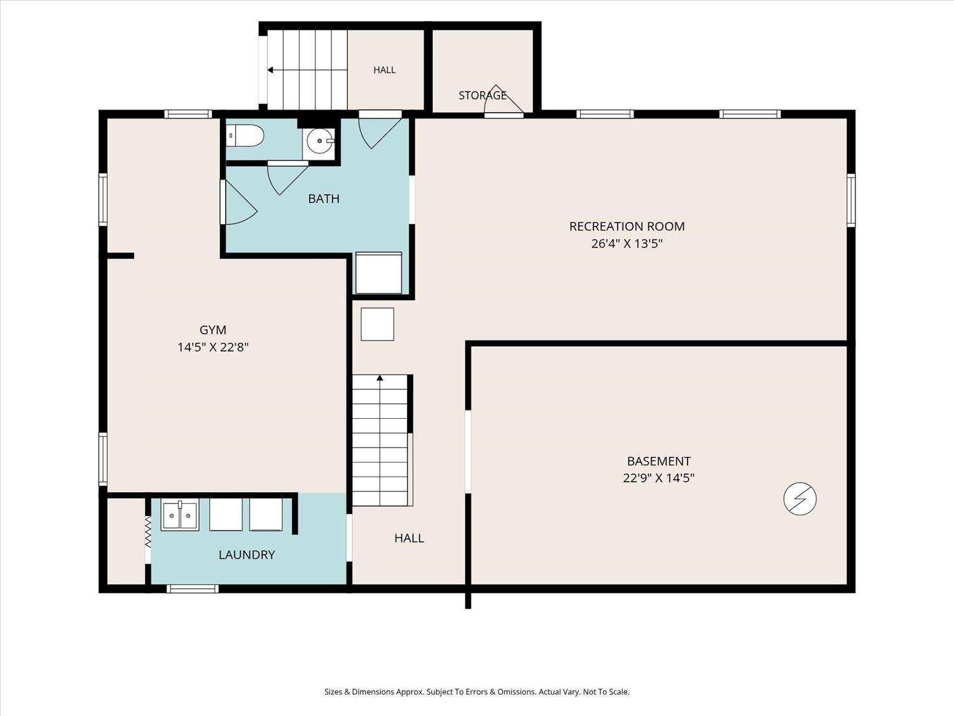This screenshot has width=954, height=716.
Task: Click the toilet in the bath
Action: pos(245,136)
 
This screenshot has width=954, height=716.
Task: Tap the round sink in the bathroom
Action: pos(321,141)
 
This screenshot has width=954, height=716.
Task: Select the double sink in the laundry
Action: pos(180,515)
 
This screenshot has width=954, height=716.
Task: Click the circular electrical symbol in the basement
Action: pos(799,498)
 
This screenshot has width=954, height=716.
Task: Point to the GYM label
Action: pos(213,330)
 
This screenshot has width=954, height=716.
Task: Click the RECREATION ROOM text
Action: pos(626,226)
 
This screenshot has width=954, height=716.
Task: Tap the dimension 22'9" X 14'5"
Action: pos(658,478)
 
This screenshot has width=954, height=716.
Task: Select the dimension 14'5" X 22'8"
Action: pos(213,347)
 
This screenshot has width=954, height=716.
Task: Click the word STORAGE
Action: pos(483,95)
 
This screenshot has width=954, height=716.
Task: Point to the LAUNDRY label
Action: pos(246,555)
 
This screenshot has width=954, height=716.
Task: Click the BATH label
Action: pos(324,199)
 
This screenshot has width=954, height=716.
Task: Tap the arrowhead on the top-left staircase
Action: pos(270,70)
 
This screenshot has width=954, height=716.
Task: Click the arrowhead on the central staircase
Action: pos(380,378)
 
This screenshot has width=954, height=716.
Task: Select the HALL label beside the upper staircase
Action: pos(385,69)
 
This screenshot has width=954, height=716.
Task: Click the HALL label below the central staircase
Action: pos(409,538)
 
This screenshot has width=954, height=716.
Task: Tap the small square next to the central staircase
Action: pos(377,325)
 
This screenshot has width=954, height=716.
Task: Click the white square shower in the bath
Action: pos(378,272)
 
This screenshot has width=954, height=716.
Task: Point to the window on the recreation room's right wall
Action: pos(851,200)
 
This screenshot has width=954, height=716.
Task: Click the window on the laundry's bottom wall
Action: pos(193,589)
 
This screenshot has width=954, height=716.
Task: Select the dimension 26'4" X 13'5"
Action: pos(626,244)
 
